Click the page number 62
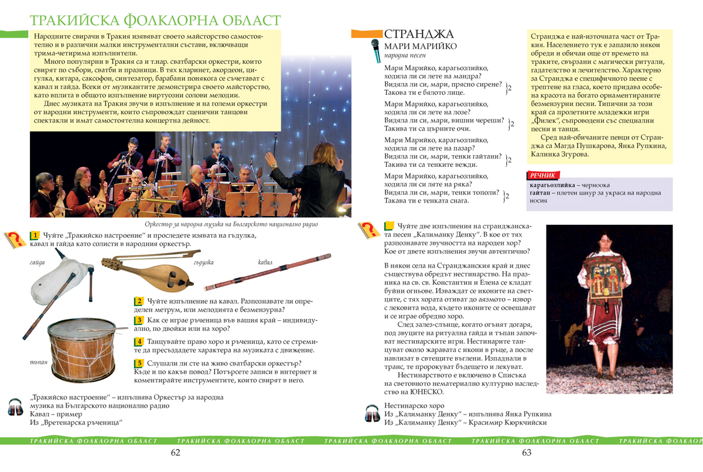tap(175, 452)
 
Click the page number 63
tap(526, 452)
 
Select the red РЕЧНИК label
tap(543, 175)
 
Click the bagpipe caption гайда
tap(37, 262)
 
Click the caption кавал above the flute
tap(265, 262)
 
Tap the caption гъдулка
tap(203, 262)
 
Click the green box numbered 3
tap(139, 320)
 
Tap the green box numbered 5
tap(139, 363)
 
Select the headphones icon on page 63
tap(373, 413)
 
